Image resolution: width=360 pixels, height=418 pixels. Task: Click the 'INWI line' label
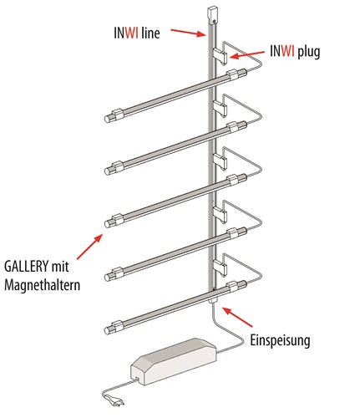pos(137,33)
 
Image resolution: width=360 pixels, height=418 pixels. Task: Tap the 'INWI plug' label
pos(295,52)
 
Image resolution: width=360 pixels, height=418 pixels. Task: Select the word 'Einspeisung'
pos(280,340)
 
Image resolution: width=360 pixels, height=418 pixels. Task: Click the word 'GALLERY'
pos(25,267)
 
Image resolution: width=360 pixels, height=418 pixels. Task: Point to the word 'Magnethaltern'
pos(42,285)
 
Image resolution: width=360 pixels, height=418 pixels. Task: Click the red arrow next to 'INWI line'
pos(188,33)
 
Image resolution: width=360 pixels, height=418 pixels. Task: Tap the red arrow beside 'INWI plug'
pos(247,54)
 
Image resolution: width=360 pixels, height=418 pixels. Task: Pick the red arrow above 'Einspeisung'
pos(238,317)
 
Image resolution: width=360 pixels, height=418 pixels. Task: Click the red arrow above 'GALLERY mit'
pos(89,247)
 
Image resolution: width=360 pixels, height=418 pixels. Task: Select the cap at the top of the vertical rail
pos(214,14)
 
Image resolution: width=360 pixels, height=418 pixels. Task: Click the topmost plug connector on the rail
pos(221,55)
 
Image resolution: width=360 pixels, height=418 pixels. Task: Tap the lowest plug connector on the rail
pos(221,268)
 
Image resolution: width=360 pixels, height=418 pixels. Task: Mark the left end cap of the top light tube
pos(108,119)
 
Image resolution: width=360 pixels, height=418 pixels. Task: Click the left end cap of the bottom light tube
pos(108,330)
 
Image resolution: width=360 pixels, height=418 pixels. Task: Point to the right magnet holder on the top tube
pos(233,75)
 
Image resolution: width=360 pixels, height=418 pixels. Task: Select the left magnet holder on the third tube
pos(117,219)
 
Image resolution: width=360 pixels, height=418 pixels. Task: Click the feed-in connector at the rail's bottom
pos(213,300)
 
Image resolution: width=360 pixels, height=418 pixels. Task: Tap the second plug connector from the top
pos(221,108)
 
